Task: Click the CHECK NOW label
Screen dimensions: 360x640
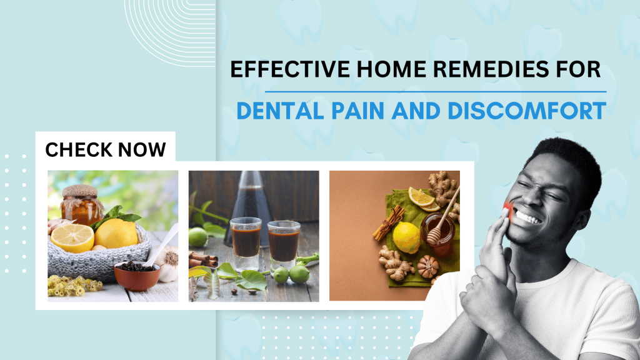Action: [106, 150]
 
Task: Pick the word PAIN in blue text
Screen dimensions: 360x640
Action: [357, 111]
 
